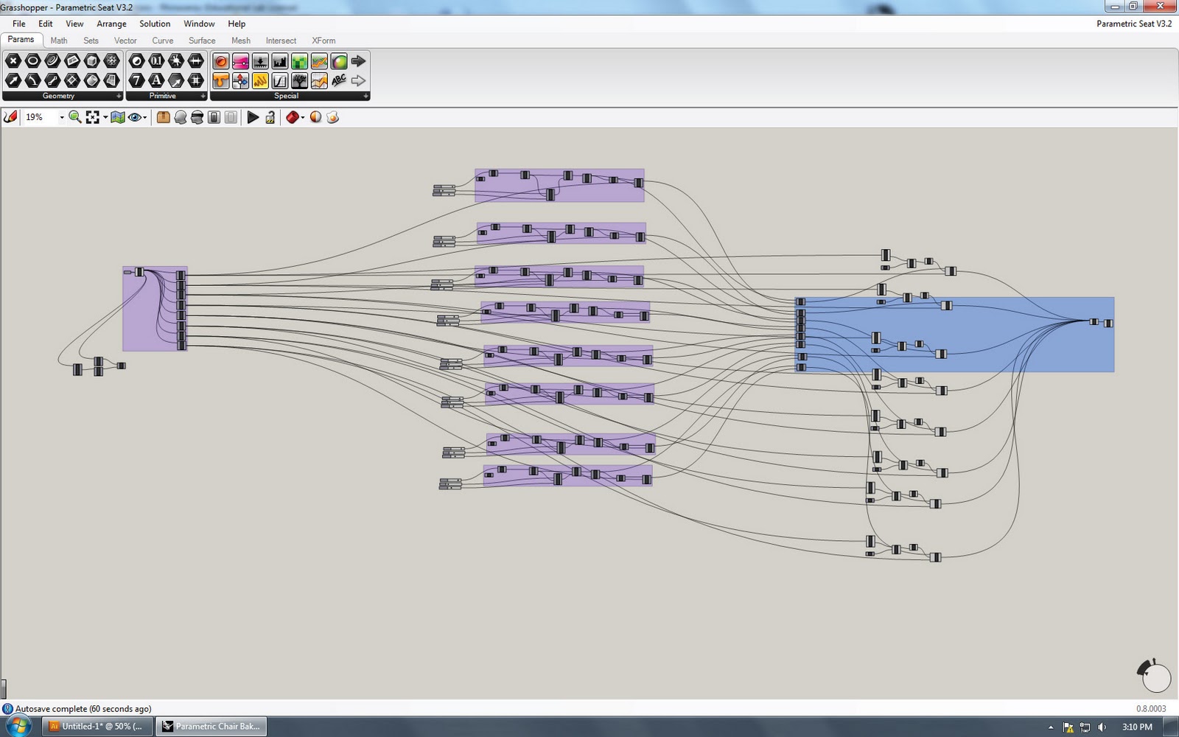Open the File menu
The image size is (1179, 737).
pyautogui.click(x=18, y=24)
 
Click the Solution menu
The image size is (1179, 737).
pyautogui.click(x=155, y=24)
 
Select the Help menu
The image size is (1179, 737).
pyautogui.click(x=237, y=24)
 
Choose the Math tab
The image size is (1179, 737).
pyautogui.click(x=59, y=41)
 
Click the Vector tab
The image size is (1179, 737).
pyautogui.click(x=125, y=41)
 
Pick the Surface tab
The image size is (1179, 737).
pyautogui.click(x=202, y=41)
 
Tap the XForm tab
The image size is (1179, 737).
pyautogui.click(x=323, y=41)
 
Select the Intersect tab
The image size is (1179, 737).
pyautogui.click(x=281, y=41)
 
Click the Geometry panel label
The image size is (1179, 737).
pyautogui.click(x=58, y=96)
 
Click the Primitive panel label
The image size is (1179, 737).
pyautogui.click(x=163, y=96)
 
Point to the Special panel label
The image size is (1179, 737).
pyautogui.click(x=286, y=96)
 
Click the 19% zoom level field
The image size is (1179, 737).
pyautogui.click(x=41, y=117)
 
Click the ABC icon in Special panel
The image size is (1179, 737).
pyautogui.click(x=339, y=80)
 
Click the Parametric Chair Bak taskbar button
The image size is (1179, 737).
pyautogui.click(x=211, y=726)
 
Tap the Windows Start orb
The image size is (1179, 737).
pyautogui.click(x=18, y=726)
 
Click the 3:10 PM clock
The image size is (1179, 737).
pyautogui.click(x=1137, y=727)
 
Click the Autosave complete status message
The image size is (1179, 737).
pyautogui.click(x=83, y=709)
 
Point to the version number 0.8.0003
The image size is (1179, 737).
pyautogui.click(x=1151, y=709)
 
